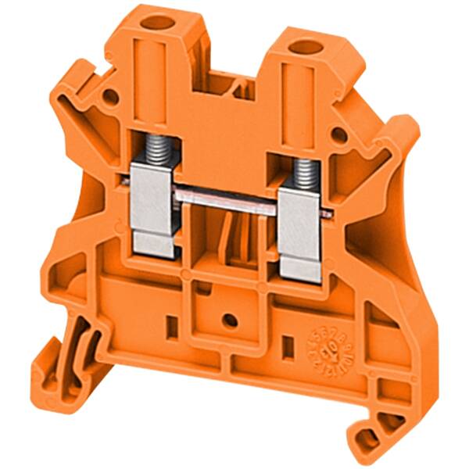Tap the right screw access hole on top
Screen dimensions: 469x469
point(299,49)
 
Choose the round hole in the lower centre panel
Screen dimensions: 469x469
point(229,319)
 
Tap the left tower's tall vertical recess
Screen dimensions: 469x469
point(152,78)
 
